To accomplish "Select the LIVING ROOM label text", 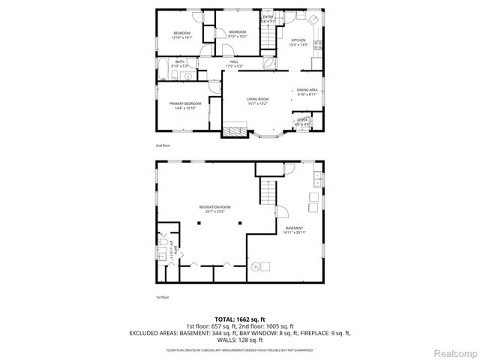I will [257, 101].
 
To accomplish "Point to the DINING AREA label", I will [307, 91].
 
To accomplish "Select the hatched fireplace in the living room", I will [233, 131].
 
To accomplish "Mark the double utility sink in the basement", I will [318, 180].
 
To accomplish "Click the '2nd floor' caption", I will [163, 144].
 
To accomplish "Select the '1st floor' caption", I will [163, 298].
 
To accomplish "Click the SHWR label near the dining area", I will [303, 120].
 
